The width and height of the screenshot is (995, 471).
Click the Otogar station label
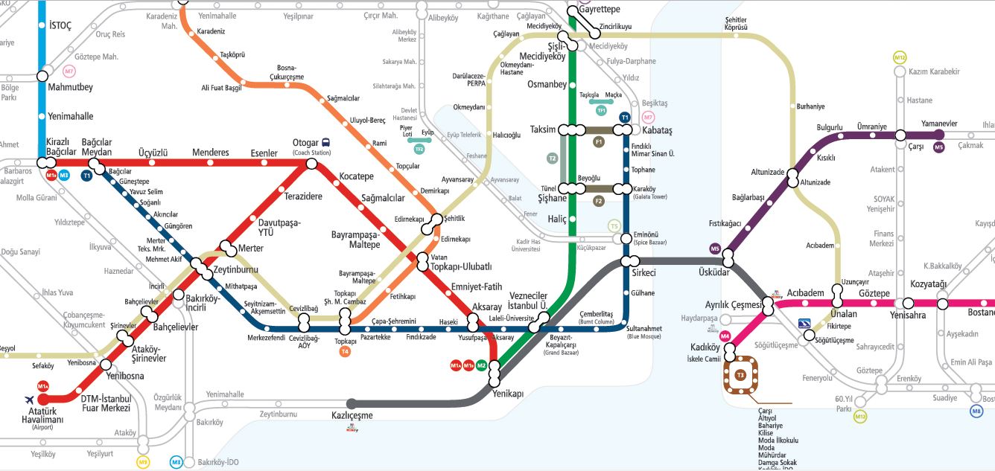[305, 143]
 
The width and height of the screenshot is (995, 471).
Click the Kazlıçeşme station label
[352, 415]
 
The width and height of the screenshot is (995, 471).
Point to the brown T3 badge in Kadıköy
[740, 375]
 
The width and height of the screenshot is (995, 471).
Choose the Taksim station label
[543, 129]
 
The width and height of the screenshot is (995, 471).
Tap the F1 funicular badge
[598, 141]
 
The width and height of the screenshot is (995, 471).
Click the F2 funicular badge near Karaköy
[598, 201]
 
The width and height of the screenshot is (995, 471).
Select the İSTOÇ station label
[60, 25]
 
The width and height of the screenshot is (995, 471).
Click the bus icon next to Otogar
[326, 143]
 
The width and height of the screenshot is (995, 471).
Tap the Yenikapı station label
[509, 394]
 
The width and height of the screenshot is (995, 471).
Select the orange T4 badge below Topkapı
[344, 351]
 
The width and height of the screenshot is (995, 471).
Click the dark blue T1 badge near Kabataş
[625, 118]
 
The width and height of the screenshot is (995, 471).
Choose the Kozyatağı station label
[928, 285]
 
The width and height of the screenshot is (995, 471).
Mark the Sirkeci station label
[643, 273]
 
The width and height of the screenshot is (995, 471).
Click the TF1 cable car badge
[601, 110]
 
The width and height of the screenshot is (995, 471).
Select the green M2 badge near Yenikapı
[481, 365]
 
